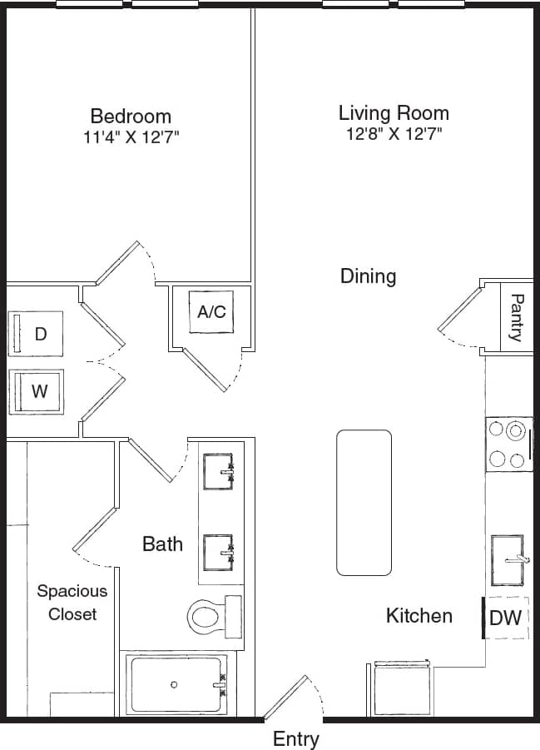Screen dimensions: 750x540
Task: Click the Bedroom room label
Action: tap(131, 116)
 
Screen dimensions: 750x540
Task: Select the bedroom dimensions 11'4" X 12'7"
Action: tap(131, 137)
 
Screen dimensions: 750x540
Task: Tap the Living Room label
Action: tap(394, 112)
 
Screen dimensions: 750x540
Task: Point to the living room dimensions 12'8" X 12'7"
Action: tap(394, 133)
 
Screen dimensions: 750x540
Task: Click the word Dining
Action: tap(368, 276)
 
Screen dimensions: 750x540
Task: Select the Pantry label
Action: tap(516, 317)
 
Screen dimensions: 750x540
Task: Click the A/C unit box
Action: tap(211, 312)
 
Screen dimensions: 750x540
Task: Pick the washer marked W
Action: tap(37, 391)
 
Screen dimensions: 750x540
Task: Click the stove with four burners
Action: tap(508, 445)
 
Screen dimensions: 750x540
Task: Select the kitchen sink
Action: tap(507, 560)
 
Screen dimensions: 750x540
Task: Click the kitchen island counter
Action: tap(364, 502)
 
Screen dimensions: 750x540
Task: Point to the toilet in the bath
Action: tap(212, 617)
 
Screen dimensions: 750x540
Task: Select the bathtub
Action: tap(176, 684)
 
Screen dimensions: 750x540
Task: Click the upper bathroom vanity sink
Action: tap(218, 472)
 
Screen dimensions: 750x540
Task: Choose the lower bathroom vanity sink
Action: tap(218, 550)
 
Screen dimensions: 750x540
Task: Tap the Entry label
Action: tap(295, 738)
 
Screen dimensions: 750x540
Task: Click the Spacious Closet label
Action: tap(72, 603)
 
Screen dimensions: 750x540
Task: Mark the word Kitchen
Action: tap(419, 616)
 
